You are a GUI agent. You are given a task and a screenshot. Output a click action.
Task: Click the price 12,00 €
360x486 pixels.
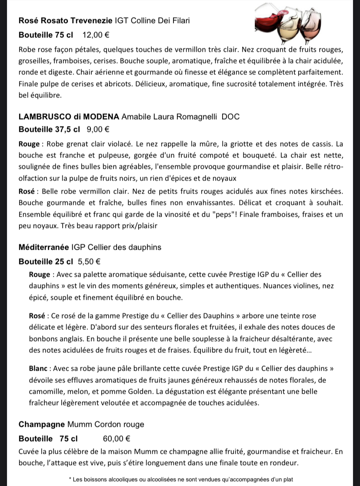click(96, 34)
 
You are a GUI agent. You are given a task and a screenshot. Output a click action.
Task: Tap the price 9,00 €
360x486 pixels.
click(98, 129)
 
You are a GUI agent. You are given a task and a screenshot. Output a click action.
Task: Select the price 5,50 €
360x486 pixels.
click(89, 261)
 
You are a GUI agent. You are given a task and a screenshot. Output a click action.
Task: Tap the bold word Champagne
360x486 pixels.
click(42, 424)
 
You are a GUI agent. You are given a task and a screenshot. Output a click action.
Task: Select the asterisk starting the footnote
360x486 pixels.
click(70, 479)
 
